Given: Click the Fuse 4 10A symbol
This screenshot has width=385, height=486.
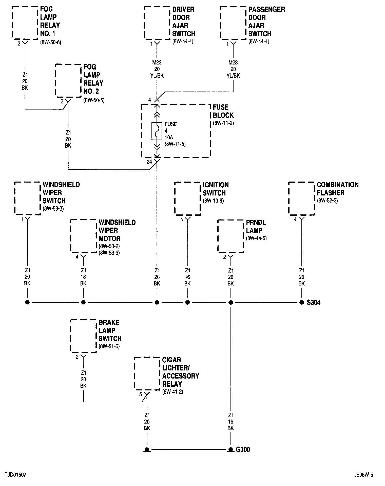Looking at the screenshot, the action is point(157,131).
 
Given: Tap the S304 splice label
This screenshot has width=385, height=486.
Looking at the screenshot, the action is point(314,302).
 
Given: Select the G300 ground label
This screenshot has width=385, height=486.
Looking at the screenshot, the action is point(243,449).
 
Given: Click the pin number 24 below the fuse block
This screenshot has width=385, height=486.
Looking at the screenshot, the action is point(149,162).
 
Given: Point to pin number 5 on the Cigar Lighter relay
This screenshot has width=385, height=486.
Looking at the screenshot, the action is point(141,394).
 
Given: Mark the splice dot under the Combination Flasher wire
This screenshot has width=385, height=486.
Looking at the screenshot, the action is point(301,302).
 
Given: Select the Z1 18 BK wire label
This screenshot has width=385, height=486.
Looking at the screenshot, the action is point(83,277).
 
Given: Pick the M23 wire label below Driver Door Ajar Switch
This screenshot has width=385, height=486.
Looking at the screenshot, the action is point(157,69).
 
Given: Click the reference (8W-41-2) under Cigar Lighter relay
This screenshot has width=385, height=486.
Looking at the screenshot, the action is point(173,392).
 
